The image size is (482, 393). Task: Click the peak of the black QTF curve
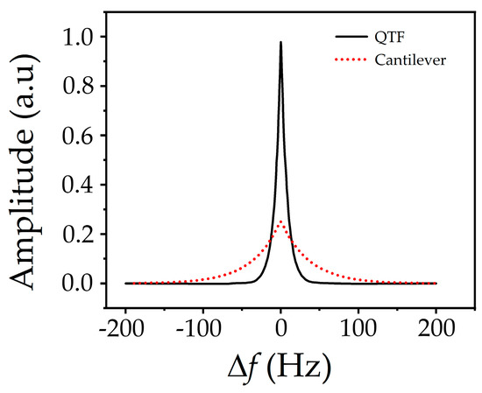point(280,42)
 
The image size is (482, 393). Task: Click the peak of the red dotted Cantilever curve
point(280,221)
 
